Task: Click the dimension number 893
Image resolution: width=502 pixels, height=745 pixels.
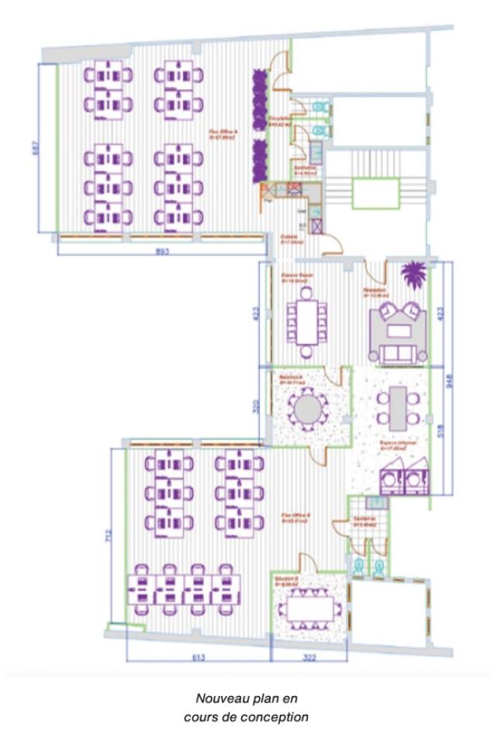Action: pos(161,251)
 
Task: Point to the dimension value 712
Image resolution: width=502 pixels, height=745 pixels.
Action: pos(109,534)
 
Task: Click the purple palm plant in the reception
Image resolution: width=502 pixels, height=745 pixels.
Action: pos(412,275)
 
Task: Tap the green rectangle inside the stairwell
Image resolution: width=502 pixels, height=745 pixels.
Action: pos(376,193)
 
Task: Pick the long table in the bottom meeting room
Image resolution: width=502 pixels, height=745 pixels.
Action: pos(310,605)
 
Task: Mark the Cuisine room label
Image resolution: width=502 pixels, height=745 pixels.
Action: pos(289,240)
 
